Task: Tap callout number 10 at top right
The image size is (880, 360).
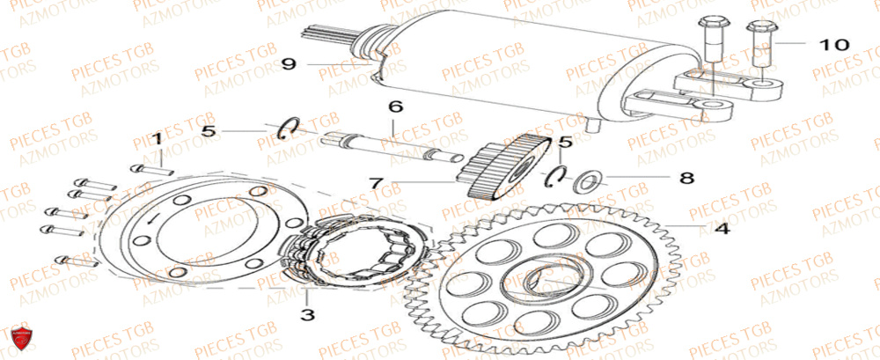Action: (835, 43)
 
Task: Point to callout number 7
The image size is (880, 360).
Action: (377, 184)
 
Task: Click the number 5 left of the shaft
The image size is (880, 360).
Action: (208, 131)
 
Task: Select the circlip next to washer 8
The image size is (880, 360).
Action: (554, 177)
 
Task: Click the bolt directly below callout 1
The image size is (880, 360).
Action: (151, 168)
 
